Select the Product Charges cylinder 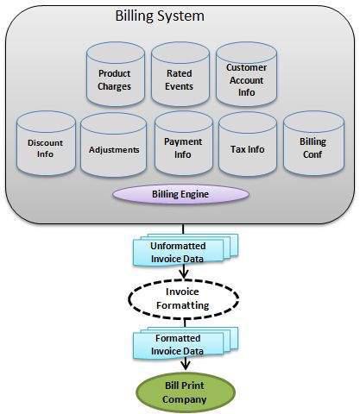114,80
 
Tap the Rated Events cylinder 180,80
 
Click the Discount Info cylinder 45,149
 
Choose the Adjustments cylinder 113,149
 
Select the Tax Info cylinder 248,149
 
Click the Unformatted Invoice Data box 179,249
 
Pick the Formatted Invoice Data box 180,346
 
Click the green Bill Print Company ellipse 182,392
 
